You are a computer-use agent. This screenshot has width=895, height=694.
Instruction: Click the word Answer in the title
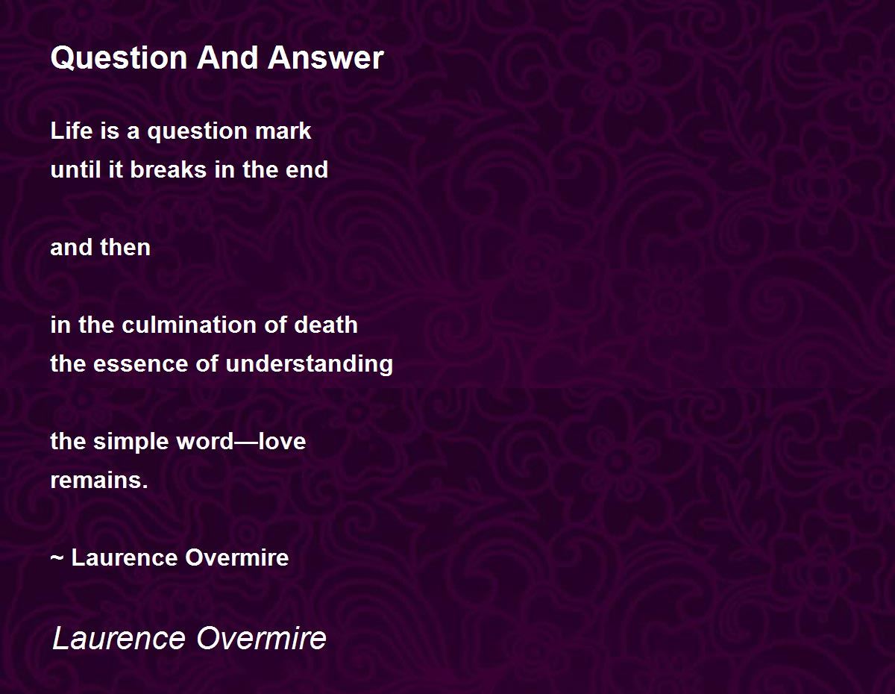[326, 57]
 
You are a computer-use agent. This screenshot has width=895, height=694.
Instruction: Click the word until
[76, 170]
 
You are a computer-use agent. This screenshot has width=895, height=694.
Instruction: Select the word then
[125, 247]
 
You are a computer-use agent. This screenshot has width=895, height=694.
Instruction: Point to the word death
[326, 325]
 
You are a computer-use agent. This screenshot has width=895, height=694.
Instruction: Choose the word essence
[141, 364]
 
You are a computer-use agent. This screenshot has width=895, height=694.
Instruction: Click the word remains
[99, 480]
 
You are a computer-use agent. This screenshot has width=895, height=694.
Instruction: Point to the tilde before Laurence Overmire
[57, 559]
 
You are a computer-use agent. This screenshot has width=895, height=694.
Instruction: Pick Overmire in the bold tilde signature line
[237, 558]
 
